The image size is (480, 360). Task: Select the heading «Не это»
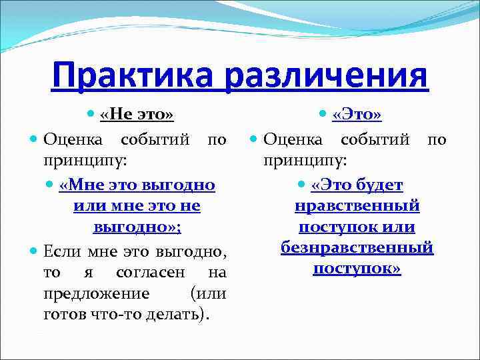coord(137,115)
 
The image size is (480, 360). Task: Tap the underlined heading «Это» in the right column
coord(357,115)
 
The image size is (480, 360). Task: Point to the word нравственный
coord(357,205)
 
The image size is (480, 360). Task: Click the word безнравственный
coord(357,248)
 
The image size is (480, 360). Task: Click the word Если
coord(62,251)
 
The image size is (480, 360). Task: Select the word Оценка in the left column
coord(72,140)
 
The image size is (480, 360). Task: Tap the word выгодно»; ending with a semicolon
coord(137,227)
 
